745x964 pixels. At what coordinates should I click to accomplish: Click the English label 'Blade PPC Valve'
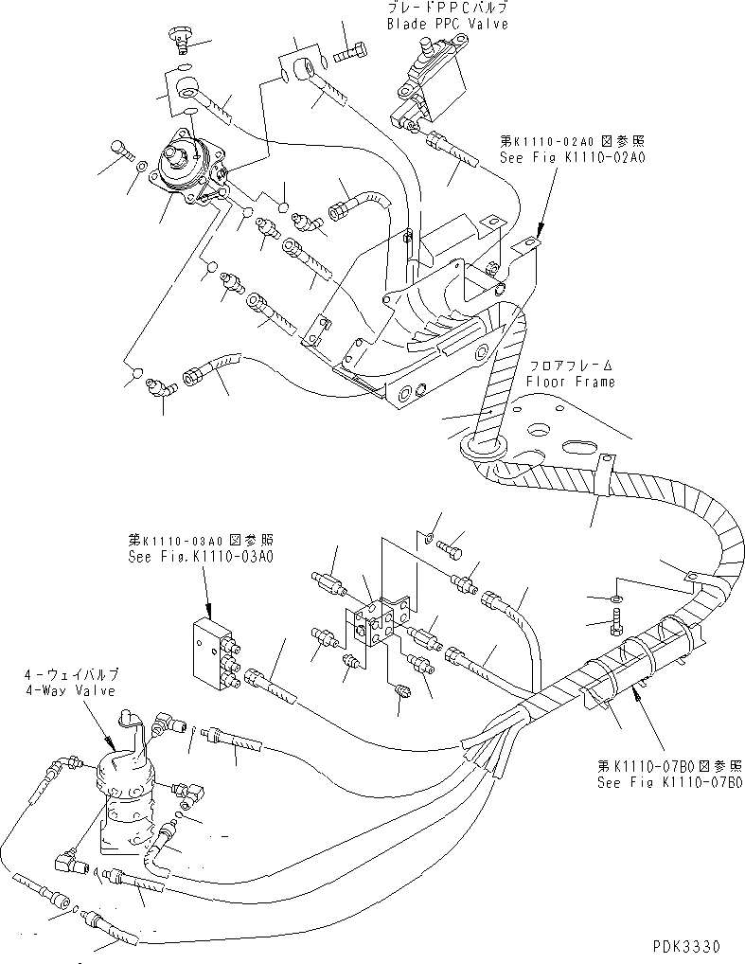pyautogui.click(x=447, y=24)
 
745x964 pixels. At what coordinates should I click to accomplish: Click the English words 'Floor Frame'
pyautogui.click(x=571, y=382)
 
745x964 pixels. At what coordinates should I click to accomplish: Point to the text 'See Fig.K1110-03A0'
pyautogui.click(x=200, y=557)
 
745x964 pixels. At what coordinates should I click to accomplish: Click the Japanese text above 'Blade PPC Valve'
pyautogui.click(x=447, y=8)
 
